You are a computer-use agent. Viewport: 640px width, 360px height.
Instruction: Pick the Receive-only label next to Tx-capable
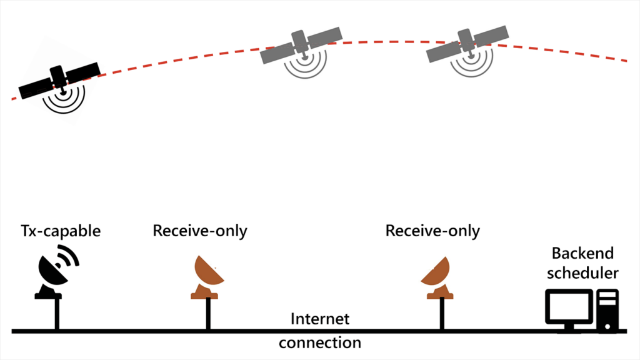tap(200, 231)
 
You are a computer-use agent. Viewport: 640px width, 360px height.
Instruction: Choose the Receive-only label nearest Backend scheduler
tap(432, 231)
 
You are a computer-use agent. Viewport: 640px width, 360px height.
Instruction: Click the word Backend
tap(582, 254)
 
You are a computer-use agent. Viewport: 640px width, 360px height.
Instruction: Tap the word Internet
tap(320, 319)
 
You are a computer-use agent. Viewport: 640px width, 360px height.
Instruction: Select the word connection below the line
tap(320, 342)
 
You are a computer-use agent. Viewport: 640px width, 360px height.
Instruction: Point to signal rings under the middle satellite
tap(305, 65)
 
